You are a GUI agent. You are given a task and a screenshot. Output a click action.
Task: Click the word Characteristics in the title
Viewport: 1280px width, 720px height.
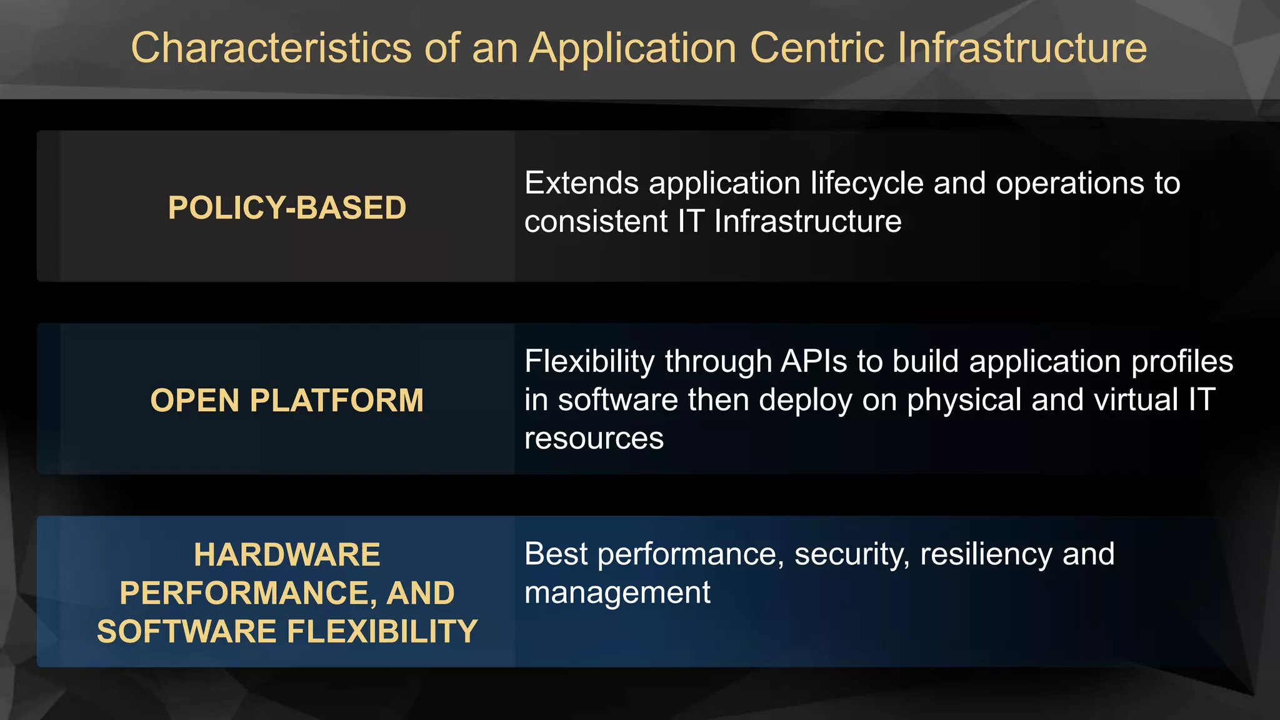tap(271, 48)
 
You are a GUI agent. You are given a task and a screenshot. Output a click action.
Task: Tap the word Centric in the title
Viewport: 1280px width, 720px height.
tap(817, 48)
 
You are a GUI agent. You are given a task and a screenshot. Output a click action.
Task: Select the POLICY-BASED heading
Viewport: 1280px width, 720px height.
tap(287, 207)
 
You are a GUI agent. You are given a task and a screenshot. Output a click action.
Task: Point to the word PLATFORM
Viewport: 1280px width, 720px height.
tap(337, 401)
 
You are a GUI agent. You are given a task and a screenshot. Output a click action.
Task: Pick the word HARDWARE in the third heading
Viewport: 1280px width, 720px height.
tap(287, 554)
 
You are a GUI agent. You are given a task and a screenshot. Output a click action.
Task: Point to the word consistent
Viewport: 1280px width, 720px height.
tap(596, 221)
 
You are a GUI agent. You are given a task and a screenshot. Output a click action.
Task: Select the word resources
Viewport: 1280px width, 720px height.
tap(594, 439)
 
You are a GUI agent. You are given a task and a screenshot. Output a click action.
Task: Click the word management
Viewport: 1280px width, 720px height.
tap(617, 593)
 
